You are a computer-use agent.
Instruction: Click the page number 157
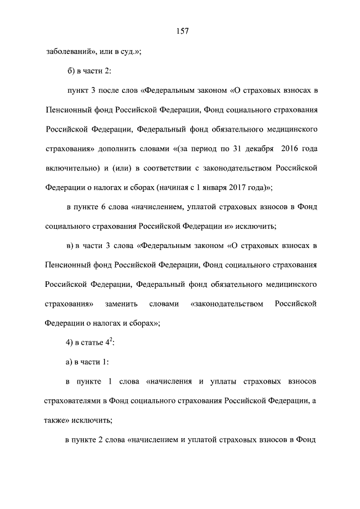coord(180,31)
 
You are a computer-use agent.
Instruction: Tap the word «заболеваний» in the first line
coord(67,52)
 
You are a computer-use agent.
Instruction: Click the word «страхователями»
coord(70,402)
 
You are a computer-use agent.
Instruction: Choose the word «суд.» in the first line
coord(130,52)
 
